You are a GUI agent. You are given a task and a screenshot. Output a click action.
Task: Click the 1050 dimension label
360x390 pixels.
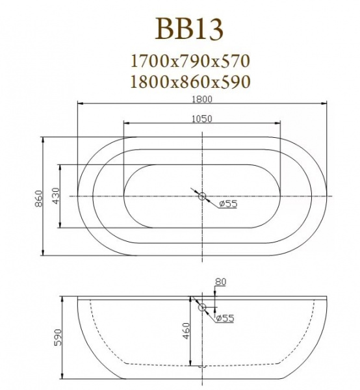coord(202,118)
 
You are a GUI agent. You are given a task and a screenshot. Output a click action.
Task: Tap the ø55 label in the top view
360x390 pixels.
coord(227,204)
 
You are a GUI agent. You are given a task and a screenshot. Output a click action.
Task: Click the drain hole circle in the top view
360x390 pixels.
coord(202,196)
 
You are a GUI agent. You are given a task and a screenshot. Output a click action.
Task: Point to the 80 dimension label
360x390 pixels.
coord(220,282)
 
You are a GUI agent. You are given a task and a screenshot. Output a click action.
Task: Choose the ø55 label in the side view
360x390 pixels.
coord(224,318)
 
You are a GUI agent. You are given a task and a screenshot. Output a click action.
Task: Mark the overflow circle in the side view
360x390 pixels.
coord(202,307)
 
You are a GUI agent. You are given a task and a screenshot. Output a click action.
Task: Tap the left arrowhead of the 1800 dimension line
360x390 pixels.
coord(80,103)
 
